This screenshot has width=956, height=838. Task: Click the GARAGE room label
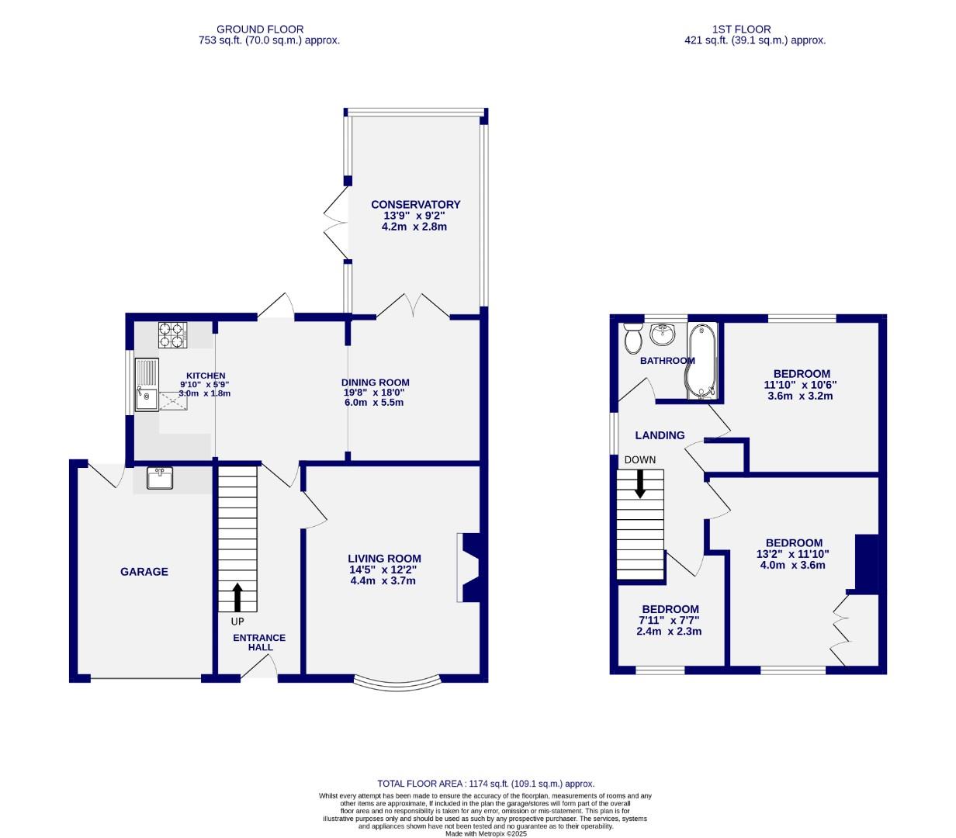click(144, 572)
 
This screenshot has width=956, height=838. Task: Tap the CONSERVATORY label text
click(415, 205)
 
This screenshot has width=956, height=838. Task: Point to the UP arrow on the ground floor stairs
click(237, 598)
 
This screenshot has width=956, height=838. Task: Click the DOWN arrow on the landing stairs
click(640, 483)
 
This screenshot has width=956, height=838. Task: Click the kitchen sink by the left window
click(146, 385)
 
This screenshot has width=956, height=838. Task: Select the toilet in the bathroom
click(632, 338)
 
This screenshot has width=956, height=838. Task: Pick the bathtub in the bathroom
click(702, 361)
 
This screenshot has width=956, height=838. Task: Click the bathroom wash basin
click(663, 334)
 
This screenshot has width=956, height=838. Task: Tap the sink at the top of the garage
click(160, 479)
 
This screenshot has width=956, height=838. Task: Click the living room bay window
click(396, 684)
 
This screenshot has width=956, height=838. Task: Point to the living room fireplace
click(470, 567)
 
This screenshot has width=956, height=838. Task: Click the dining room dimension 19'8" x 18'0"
click(375, 393)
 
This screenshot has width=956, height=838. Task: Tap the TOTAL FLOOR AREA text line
click(485, 784)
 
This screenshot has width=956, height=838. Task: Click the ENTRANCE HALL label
click(259, 642)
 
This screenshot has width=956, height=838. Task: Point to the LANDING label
click(660, 435)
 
